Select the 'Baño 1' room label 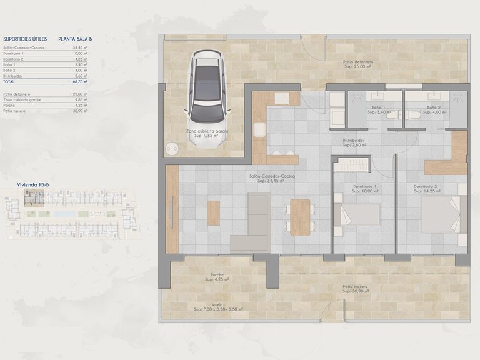pos(379,107)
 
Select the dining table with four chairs pos(300,217)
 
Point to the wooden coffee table pos(214,212)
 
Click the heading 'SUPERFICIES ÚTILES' pos(25,39)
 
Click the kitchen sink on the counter pos(260,130)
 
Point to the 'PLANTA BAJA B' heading pos(75,39)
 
